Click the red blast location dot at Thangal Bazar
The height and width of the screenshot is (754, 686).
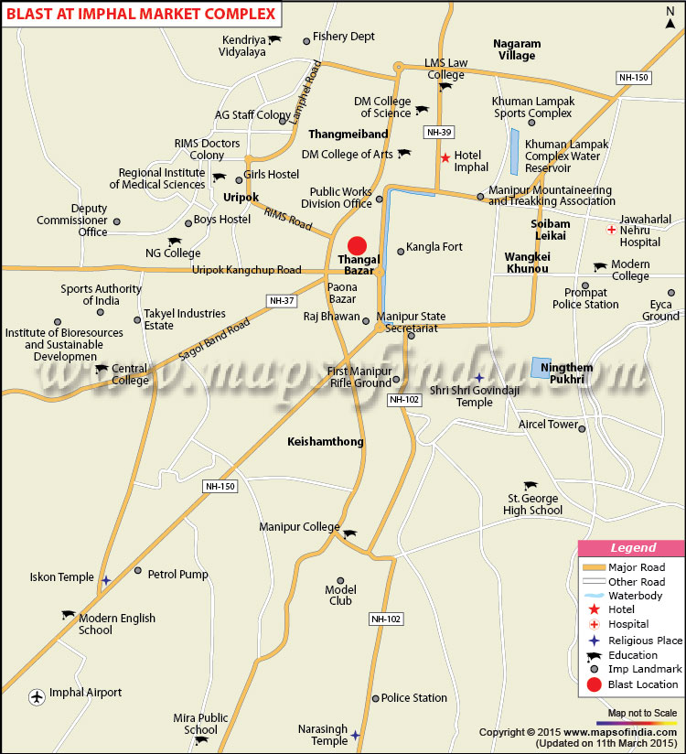point(357,245)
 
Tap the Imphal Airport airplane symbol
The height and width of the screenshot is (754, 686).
point(38,696)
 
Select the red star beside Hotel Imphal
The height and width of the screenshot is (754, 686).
point(445,157)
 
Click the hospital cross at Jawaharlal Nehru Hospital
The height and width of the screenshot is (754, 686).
point(611,230)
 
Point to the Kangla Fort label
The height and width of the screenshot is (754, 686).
point(434,247)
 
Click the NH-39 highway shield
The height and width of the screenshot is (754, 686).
point(439,133)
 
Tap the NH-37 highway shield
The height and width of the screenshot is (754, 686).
point(280,300)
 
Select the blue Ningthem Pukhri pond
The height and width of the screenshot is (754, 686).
point(547,368)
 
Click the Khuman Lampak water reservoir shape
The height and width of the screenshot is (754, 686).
point(515,152)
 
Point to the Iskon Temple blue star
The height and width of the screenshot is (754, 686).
point(107,580)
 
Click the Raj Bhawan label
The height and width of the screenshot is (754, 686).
point(332,316)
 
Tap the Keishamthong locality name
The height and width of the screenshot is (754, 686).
point(326,441)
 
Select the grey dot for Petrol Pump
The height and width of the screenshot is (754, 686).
point(138,571)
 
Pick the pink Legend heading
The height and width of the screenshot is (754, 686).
point(632,548)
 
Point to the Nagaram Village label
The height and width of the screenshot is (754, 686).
point(517,49)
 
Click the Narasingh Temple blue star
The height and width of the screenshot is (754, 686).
point(355,735)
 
